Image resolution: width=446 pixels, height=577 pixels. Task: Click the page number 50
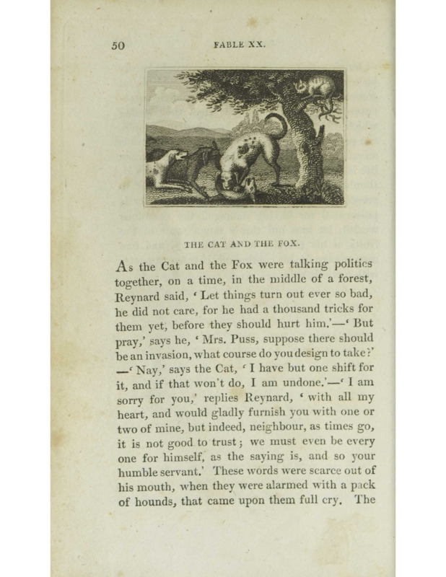pyautogui.click(x=119, y=44)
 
